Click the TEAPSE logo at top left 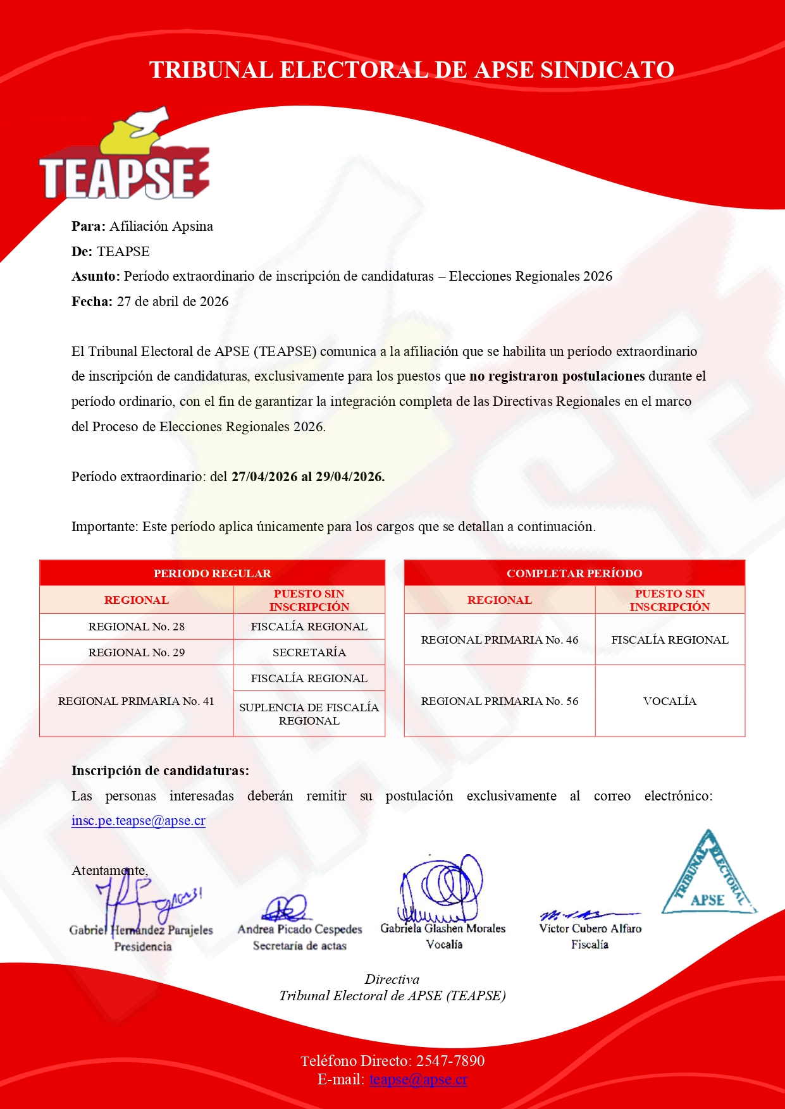click(124, 158)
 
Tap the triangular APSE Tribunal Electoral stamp click(708, 876)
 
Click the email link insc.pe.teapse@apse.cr click(138, 821)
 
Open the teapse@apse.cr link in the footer click(418, 1079)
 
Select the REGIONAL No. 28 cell click(137, 627)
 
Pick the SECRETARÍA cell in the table click(309, 653)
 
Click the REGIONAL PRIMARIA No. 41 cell click(136, 701)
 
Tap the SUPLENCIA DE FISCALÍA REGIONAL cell click(309, 714)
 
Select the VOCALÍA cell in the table click(669, 701)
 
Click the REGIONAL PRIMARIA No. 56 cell click(499, 701)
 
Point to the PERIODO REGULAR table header click(212, 573)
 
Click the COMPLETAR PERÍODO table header click(574, 573)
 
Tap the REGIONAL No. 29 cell click(137, 653)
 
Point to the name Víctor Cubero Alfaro click(590, 929)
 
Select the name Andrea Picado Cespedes click(300, 929)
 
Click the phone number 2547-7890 click(450, 1061)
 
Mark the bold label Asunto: click(96, 276)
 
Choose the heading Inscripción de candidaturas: click(160, 771)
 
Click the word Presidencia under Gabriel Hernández click(143, 947)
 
